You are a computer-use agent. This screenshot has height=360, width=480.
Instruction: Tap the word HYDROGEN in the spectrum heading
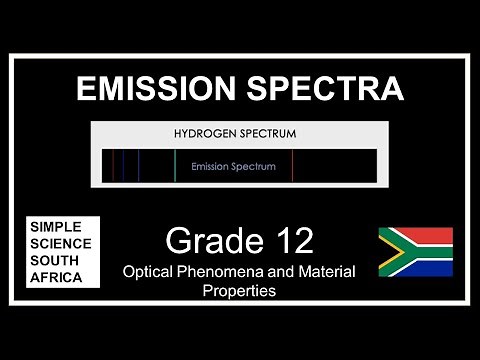point(206,133)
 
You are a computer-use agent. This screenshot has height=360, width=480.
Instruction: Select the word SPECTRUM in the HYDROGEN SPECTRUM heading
point(265,133)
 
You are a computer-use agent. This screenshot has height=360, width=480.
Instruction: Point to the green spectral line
point(175,166)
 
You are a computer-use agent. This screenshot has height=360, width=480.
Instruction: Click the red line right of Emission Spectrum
point(292,166)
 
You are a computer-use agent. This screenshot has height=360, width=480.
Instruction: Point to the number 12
point(290,241)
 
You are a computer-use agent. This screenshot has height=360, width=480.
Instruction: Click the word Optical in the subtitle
point(148,271)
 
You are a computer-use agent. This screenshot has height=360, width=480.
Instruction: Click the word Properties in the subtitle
point(239,291)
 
